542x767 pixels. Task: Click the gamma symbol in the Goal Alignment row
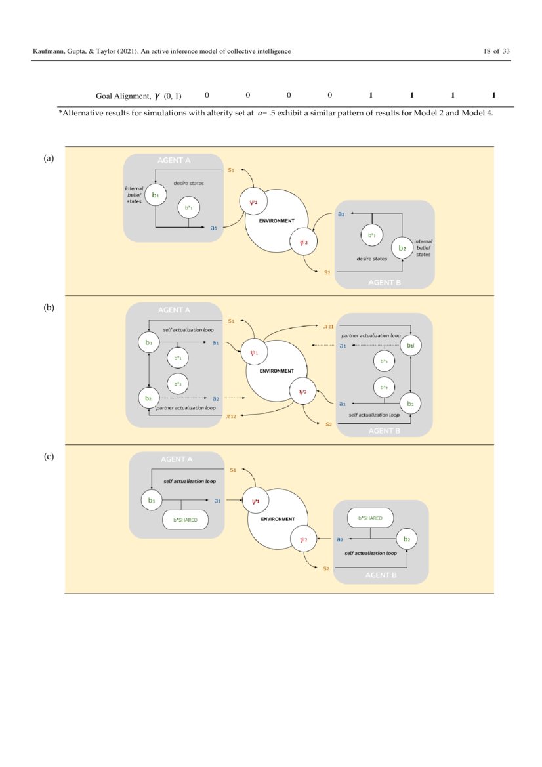tap(157, 96)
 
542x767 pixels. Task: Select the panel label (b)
tap(49, 307)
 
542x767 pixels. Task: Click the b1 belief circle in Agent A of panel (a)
tap(155, 195)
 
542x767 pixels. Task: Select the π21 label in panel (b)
tap(329, 325)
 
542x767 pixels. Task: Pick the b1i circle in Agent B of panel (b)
tap(410, 345)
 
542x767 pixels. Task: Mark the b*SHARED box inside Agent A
tap(185, 520)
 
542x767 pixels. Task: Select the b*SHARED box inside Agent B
tap(369, 518)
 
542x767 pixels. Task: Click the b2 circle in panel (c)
tap(407, 539)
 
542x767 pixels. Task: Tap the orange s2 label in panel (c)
tap(326, 568)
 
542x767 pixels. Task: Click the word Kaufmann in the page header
tap(50, 51)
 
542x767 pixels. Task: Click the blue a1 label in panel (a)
tap(214, 228)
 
